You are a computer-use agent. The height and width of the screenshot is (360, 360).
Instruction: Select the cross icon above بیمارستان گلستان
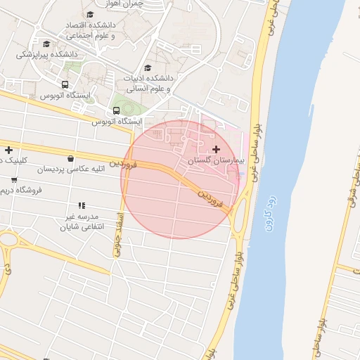(216, 149)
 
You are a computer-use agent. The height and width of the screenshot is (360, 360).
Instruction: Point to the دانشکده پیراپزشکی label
(46, 53)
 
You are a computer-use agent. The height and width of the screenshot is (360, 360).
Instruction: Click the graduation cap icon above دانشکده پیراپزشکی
(46, 44)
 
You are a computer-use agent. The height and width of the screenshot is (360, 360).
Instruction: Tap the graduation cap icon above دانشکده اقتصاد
(90, 14)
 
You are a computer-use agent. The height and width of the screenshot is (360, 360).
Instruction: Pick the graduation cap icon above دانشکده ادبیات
(148, 68)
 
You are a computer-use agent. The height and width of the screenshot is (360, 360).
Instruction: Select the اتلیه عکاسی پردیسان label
(70, 169)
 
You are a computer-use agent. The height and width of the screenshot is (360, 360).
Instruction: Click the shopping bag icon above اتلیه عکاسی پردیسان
(71, 157)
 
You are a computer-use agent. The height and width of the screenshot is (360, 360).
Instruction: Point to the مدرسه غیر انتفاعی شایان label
(82, 222)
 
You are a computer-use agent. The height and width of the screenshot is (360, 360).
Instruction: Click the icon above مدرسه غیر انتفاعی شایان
(82, 206)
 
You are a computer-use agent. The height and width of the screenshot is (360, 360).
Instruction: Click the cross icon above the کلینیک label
(8, 150)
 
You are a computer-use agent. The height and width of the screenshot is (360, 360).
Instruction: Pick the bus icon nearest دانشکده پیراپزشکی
(65, 85)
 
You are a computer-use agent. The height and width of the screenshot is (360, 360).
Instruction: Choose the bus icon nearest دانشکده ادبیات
(116, 110)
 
